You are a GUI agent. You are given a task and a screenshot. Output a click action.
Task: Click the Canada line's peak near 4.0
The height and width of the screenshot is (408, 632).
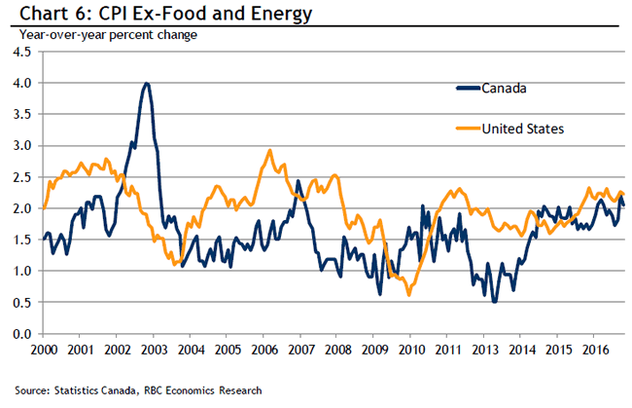point(147,84)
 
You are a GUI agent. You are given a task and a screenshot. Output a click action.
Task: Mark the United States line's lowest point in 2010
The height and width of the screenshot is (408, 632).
point(408,294)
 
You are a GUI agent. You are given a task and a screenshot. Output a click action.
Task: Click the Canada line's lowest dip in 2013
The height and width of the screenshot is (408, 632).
point(494,302)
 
